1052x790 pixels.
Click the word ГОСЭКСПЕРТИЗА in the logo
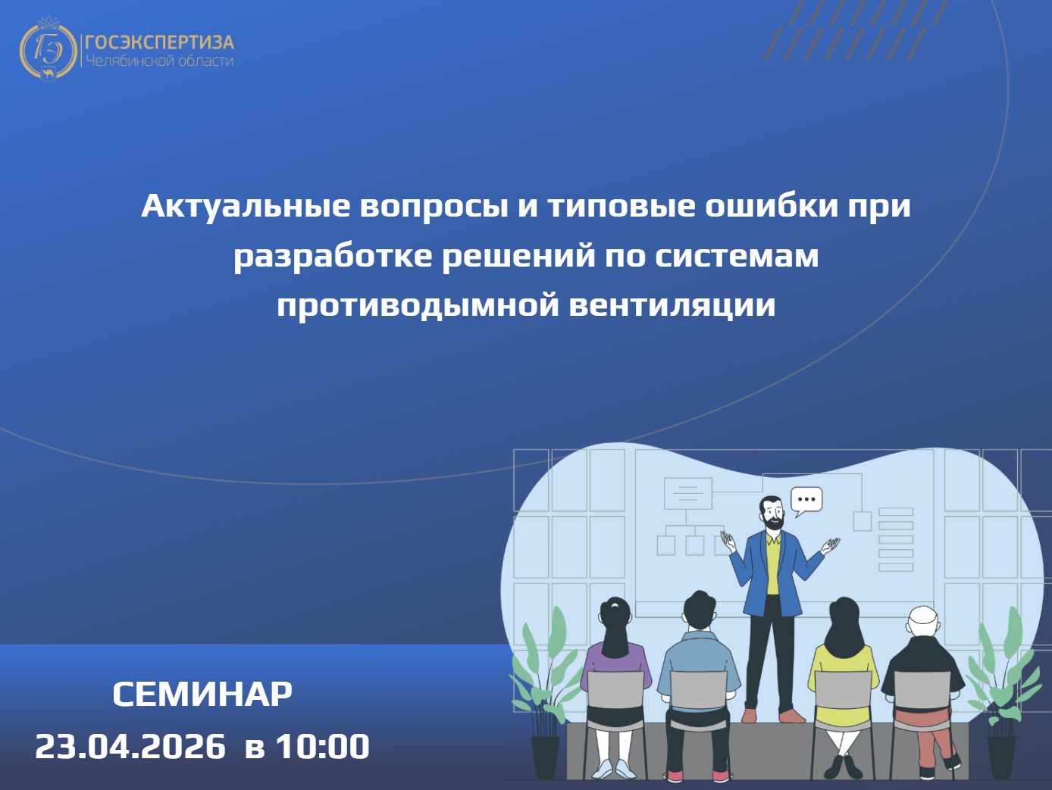point(160,42)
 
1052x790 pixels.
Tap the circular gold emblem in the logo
point(48,49)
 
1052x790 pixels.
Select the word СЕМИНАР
point(202,695)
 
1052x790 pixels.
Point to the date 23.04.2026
point(130,746)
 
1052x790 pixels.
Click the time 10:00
point(323,746)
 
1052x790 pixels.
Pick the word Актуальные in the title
point(245,207)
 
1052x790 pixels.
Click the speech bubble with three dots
point(806,501)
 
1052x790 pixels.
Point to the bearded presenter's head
point(772,512)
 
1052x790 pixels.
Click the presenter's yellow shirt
point(772,564)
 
